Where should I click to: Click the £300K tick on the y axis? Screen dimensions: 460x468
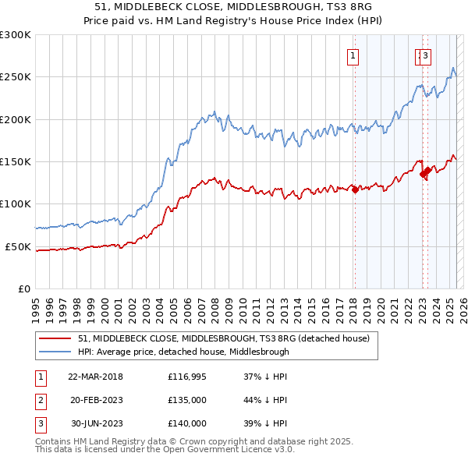point(16,35)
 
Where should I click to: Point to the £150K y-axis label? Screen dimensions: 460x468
point(16,162)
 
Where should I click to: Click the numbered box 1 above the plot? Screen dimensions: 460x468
point(353,55)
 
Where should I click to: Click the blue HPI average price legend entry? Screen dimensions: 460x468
point(183,352)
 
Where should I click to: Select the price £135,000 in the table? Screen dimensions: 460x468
point(187,401)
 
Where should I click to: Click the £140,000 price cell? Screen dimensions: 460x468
point(187,423)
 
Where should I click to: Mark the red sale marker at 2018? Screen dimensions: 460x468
point(355,189)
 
